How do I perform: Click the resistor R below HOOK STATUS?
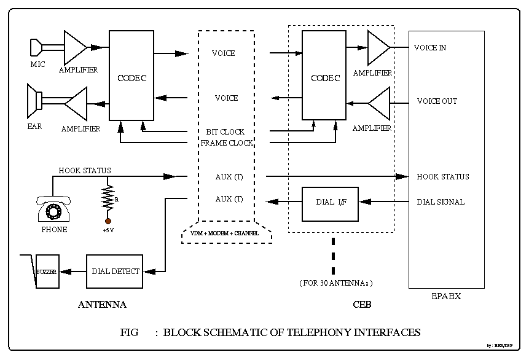click(x=108, y=198)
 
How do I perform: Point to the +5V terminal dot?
click(x=108, y=220)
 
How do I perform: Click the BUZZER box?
click(x=47, y=271)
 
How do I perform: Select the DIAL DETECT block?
click(x=115, y=272)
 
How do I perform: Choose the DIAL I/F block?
click(x=330, y=202)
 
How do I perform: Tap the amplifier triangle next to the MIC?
click(x=75, y=47)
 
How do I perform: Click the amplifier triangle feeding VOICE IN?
click(x=378, y=48)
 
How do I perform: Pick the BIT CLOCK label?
click(x=225, y=131)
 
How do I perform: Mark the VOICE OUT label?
click(x=437, y=101)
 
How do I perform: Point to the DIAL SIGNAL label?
click(x=441, y=202)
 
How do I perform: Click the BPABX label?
click(x=446, y=296)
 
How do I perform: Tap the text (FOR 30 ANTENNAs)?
click(x=336, y=283)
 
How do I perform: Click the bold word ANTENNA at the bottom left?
click(x=102, y=305)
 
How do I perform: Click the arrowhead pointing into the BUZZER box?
click(x=64, y=272)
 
